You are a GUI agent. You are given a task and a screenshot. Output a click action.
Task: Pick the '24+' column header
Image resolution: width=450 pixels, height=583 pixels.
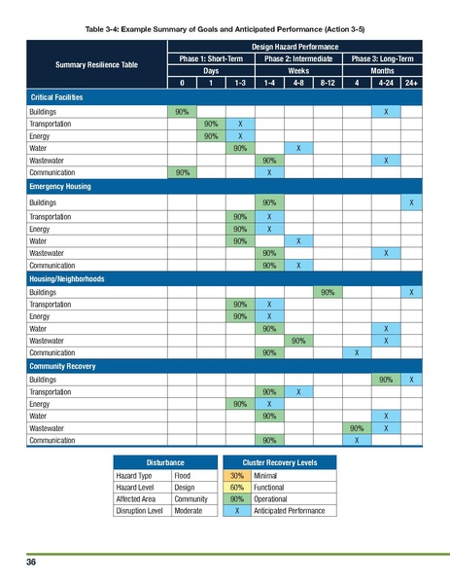tap(412, 83)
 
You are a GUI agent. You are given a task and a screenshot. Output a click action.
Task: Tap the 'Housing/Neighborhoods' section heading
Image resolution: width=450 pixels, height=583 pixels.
tap(67, 278)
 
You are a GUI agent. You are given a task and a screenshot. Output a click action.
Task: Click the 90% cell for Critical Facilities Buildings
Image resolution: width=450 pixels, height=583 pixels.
tap(181, 113)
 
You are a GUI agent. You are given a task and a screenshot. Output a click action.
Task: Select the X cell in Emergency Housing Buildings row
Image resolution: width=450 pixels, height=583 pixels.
tap(412, 201)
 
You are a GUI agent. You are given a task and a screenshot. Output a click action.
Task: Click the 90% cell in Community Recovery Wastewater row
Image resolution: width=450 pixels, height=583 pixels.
tap(356, 427)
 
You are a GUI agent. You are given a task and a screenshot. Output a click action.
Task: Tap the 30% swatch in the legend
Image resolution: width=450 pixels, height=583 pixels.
tap(235, 475)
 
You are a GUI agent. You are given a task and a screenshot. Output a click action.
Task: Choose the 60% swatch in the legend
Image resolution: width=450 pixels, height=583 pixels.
tap(235, 487)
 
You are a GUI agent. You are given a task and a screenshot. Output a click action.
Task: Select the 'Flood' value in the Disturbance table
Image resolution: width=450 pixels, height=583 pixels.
tap(182, 475)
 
